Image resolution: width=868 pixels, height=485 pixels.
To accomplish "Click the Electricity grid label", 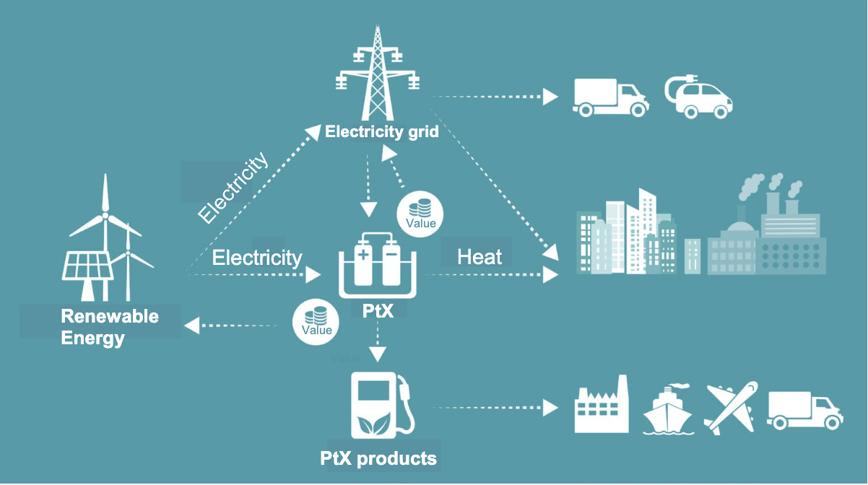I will click(x=382, y=132).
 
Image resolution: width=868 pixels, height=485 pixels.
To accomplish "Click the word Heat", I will click(x=479, y=257).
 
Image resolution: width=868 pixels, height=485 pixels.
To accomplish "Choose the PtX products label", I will click(x=379, y=458).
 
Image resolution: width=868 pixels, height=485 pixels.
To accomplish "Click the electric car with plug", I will click(x=698, y=98).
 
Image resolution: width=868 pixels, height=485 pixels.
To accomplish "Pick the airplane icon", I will click(x=731, y=408).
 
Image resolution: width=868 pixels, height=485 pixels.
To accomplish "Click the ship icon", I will click(x=667, y=410).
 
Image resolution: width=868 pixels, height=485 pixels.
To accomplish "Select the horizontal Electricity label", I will click(x=257, y=258).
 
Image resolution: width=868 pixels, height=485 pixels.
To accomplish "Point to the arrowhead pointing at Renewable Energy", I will click(x=191, y=325).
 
